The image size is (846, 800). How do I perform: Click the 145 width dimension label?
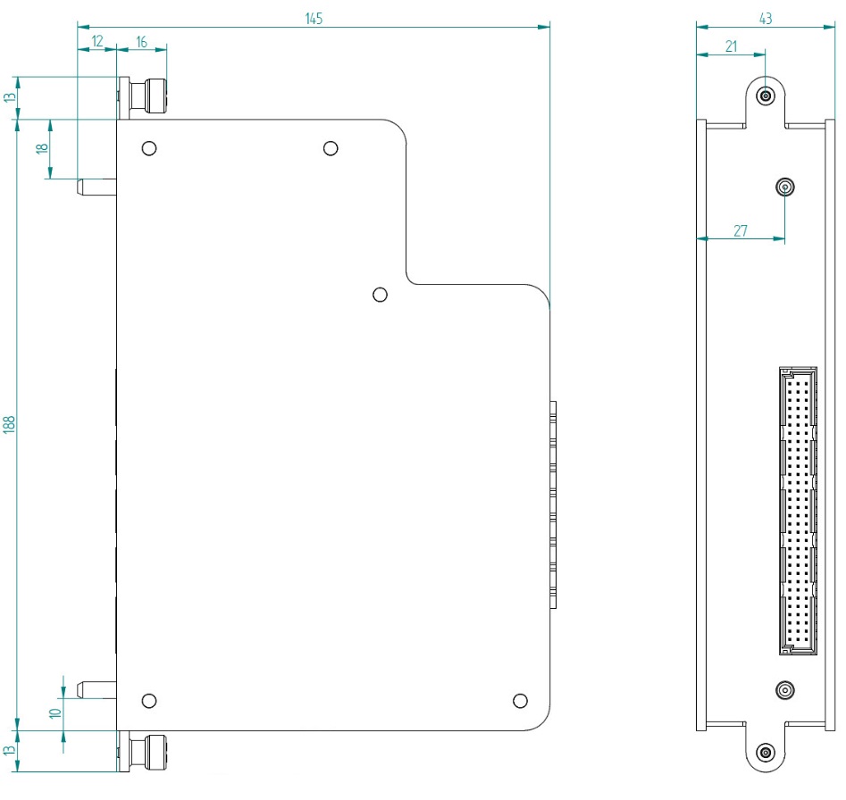314,18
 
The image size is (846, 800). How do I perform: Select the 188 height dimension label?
10,424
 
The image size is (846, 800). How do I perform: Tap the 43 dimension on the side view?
765,18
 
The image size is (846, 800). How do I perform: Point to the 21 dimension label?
731,47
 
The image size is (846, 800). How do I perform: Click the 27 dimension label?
741,230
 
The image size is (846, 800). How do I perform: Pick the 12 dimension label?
96,40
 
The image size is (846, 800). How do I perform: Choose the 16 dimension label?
141,40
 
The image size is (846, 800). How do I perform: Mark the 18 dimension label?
40,148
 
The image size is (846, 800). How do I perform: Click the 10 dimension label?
54,713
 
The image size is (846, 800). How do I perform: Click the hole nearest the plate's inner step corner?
380,295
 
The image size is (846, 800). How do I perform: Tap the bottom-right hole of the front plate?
521,700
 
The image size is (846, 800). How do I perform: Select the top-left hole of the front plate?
150,148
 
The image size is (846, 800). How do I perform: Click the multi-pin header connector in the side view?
798,511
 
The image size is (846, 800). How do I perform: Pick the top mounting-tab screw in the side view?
765,96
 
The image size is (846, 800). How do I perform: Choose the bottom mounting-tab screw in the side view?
765,752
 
